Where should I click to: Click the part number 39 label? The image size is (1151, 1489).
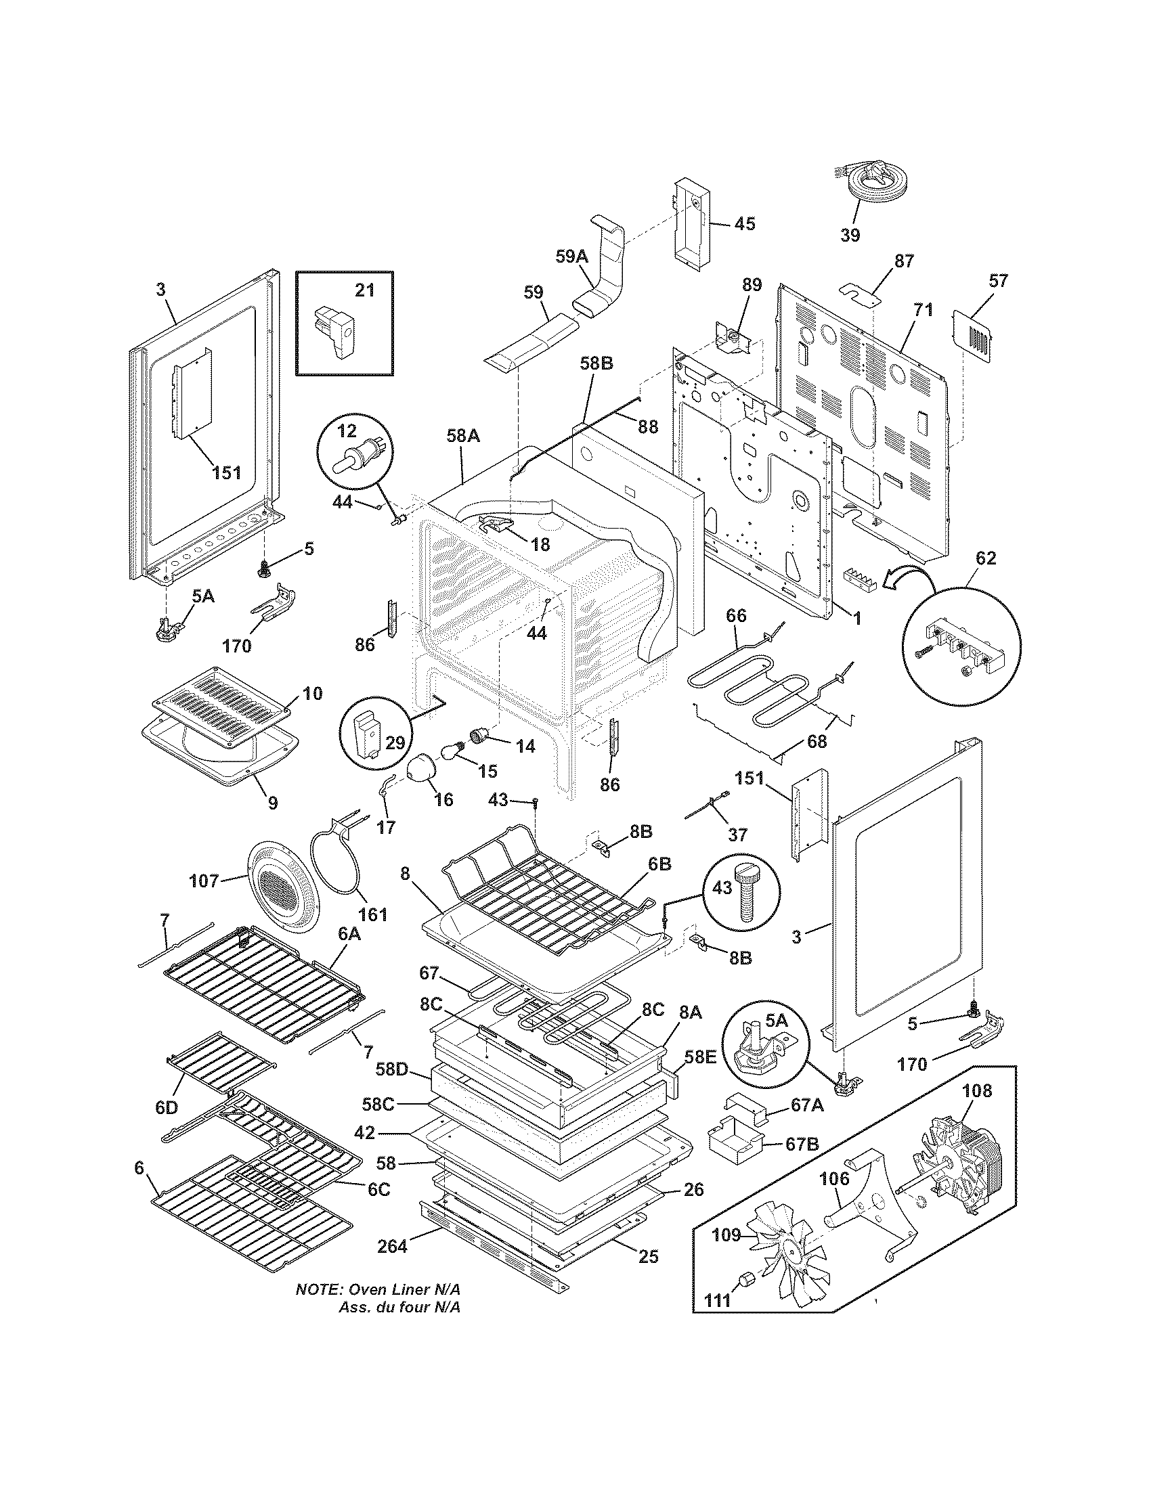pyautogui.click(x=850, y=235)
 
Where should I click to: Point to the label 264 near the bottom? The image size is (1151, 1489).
pyautogui.click(x=392, y=1247)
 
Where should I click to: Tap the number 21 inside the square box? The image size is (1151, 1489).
pyautogui.click(x=365, y=290)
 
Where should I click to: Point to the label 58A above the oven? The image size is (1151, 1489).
pyautogui.click(x=463, y=435)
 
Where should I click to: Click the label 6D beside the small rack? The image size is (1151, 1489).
pyautogui.click(x=166, y=1108)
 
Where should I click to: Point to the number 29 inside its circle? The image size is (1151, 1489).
pyautogui.click(x=396, y=742)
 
